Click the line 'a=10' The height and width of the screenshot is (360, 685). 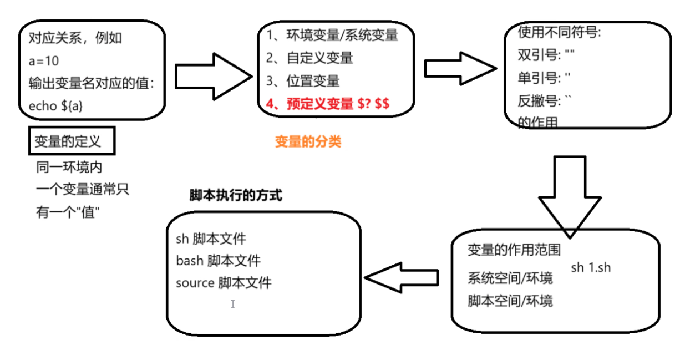pos(44,61)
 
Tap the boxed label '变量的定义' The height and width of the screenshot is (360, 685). pos(68,141)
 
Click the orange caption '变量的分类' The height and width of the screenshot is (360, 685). pos(308,141)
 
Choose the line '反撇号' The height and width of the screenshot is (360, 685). pos(544,101)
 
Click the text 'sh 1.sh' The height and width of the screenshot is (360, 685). pos(591,267)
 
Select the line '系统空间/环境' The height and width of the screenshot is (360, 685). pos(510,277)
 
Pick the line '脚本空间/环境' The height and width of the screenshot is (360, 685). pos(510,301)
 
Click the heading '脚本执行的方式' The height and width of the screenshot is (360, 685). pos(236,195)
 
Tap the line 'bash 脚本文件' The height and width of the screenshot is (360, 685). pos(218,260)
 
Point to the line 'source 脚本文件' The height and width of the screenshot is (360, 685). pos(224,283)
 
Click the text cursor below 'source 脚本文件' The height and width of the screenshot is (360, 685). pos(233,304)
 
